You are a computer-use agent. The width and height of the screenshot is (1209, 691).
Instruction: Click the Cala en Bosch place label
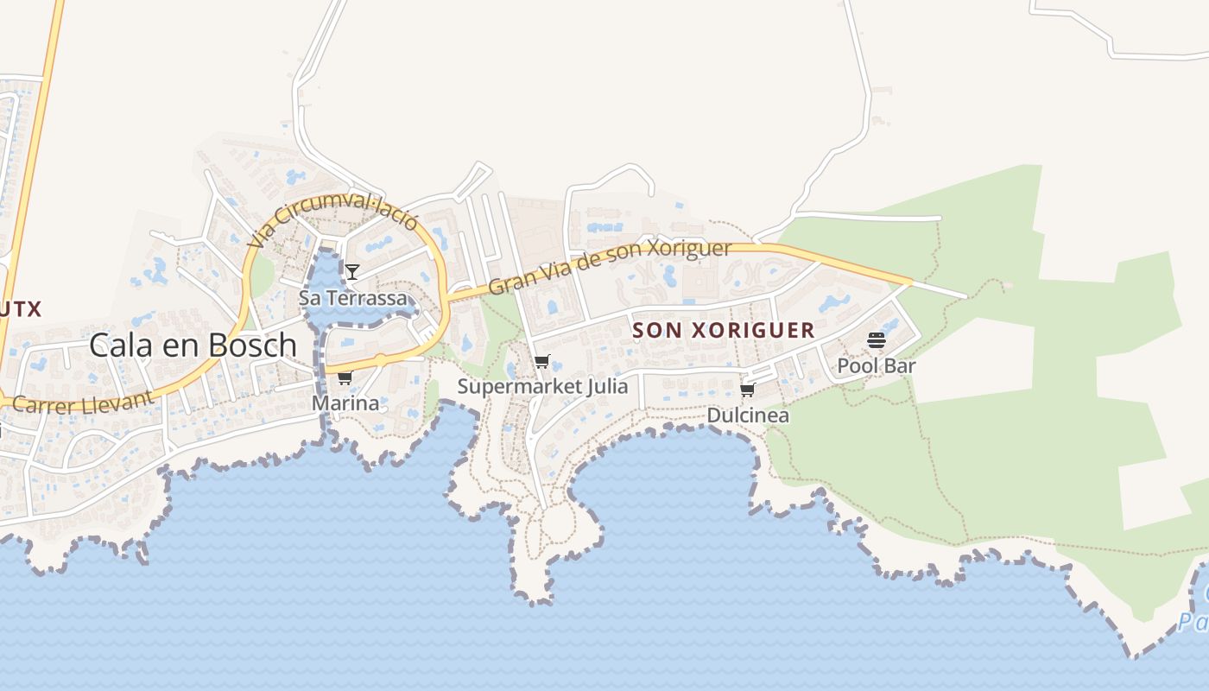193,345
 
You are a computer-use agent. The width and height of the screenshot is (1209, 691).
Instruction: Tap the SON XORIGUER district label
724,330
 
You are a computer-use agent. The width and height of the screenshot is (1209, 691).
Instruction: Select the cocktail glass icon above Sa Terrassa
352,273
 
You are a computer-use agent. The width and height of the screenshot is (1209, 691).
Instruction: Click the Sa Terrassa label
352,298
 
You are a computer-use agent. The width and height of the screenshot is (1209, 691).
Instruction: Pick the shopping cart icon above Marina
345,378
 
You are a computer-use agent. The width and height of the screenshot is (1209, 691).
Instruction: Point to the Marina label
345,403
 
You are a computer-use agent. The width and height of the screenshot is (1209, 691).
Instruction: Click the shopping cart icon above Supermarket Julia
541,362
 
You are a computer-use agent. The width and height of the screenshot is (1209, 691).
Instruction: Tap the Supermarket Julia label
542,386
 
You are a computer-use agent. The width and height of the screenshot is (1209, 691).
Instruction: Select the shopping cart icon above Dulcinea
748,390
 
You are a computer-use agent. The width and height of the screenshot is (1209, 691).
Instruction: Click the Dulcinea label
748,415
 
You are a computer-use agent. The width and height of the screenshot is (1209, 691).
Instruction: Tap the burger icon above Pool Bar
877,340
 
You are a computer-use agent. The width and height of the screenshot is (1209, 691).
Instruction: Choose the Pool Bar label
877,365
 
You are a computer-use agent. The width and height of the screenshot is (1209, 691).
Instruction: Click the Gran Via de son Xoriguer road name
610,267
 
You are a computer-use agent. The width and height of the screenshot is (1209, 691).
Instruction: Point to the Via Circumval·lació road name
332,221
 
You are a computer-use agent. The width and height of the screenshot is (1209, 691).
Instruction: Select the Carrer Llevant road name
83,403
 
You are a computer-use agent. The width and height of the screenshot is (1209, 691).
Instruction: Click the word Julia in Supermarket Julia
604,386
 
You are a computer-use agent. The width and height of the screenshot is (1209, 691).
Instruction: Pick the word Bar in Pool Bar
901,365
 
